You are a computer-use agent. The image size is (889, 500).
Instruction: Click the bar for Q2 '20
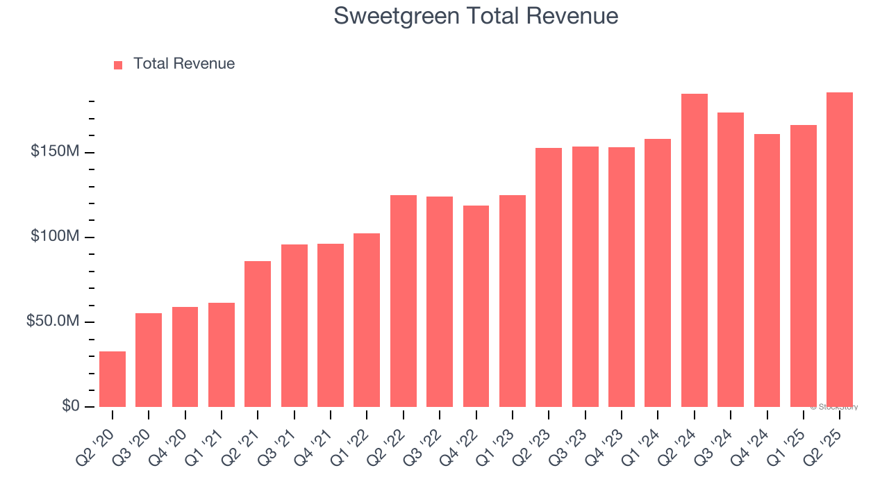(x=113, y=379)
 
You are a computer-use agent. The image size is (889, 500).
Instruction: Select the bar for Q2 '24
(x=695, y=250)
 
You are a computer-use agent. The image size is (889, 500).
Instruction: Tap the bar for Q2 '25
(x=840, y=249)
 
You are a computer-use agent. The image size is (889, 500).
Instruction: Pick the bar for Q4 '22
(x=476, y=306)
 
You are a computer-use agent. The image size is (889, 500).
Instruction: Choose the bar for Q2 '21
(x=258, y=334)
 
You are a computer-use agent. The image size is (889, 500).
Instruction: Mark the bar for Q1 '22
(x=367, y=320)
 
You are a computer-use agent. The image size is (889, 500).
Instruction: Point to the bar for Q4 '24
(x=767, y=270)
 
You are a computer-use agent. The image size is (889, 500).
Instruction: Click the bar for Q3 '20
(x=149, y=360)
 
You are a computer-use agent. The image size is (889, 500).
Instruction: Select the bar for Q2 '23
(x=549, y=277)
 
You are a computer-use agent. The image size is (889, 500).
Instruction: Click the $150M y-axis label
(x=54, y=151)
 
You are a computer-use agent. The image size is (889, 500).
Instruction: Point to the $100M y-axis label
(x=54, y=237)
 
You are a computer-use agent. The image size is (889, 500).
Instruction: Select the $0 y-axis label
(x=70, y=406)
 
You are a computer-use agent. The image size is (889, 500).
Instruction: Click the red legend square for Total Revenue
(x=118, y=65)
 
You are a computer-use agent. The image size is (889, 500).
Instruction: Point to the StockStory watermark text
(x=834, y=407)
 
